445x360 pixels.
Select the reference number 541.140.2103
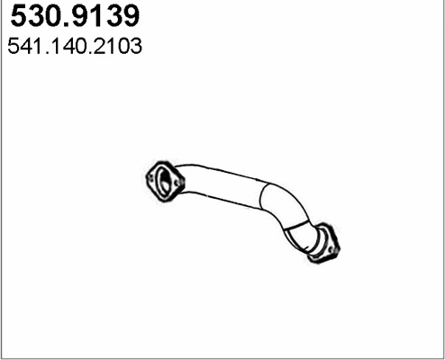(74, 48)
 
